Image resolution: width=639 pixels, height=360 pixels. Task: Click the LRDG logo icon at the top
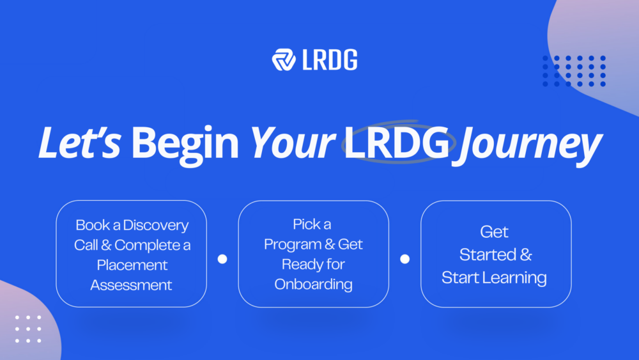[283, 59]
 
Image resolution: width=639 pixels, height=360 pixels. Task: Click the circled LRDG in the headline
[396, 145]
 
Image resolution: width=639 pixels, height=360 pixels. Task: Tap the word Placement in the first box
[132, 265]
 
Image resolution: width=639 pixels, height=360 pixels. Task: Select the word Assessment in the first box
[132, 285]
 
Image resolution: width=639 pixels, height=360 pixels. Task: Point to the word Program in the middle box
[295, 244]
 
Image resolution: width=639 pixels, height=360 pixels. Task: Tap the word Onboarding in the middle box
[314, 284]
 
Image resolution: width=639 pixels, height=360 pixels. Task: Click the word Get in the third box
[495, 232]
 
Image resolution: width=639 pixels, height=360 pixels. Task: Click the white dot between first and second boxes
[222, 259]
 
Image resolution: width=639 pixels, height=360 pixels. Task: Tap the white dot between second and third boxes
[404, 259]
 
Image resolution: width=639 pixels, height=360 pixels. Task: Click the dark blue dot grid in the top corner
[574, 70]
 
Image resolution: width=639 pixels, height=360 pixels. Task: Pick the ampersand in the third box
[526, 255]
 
